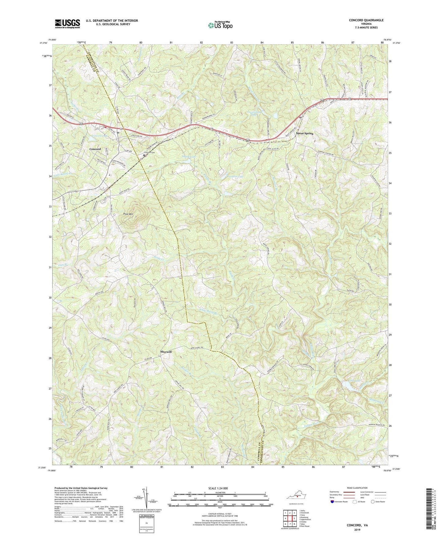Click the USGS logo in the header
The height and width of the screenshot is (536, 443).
tap(67, 23)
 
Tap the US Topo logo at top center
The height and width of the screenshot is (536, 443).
tap(220, 25)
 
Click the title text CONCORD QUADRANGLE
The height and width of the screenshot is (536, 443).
tap(366, 20)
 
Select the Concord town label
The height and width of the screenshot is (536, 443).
tap(95, 149)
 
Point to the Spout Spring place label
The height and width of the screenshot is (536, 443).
tap(304, 134)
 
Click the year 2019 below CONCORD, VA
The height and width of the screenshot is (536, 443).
tap(357, 530)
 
